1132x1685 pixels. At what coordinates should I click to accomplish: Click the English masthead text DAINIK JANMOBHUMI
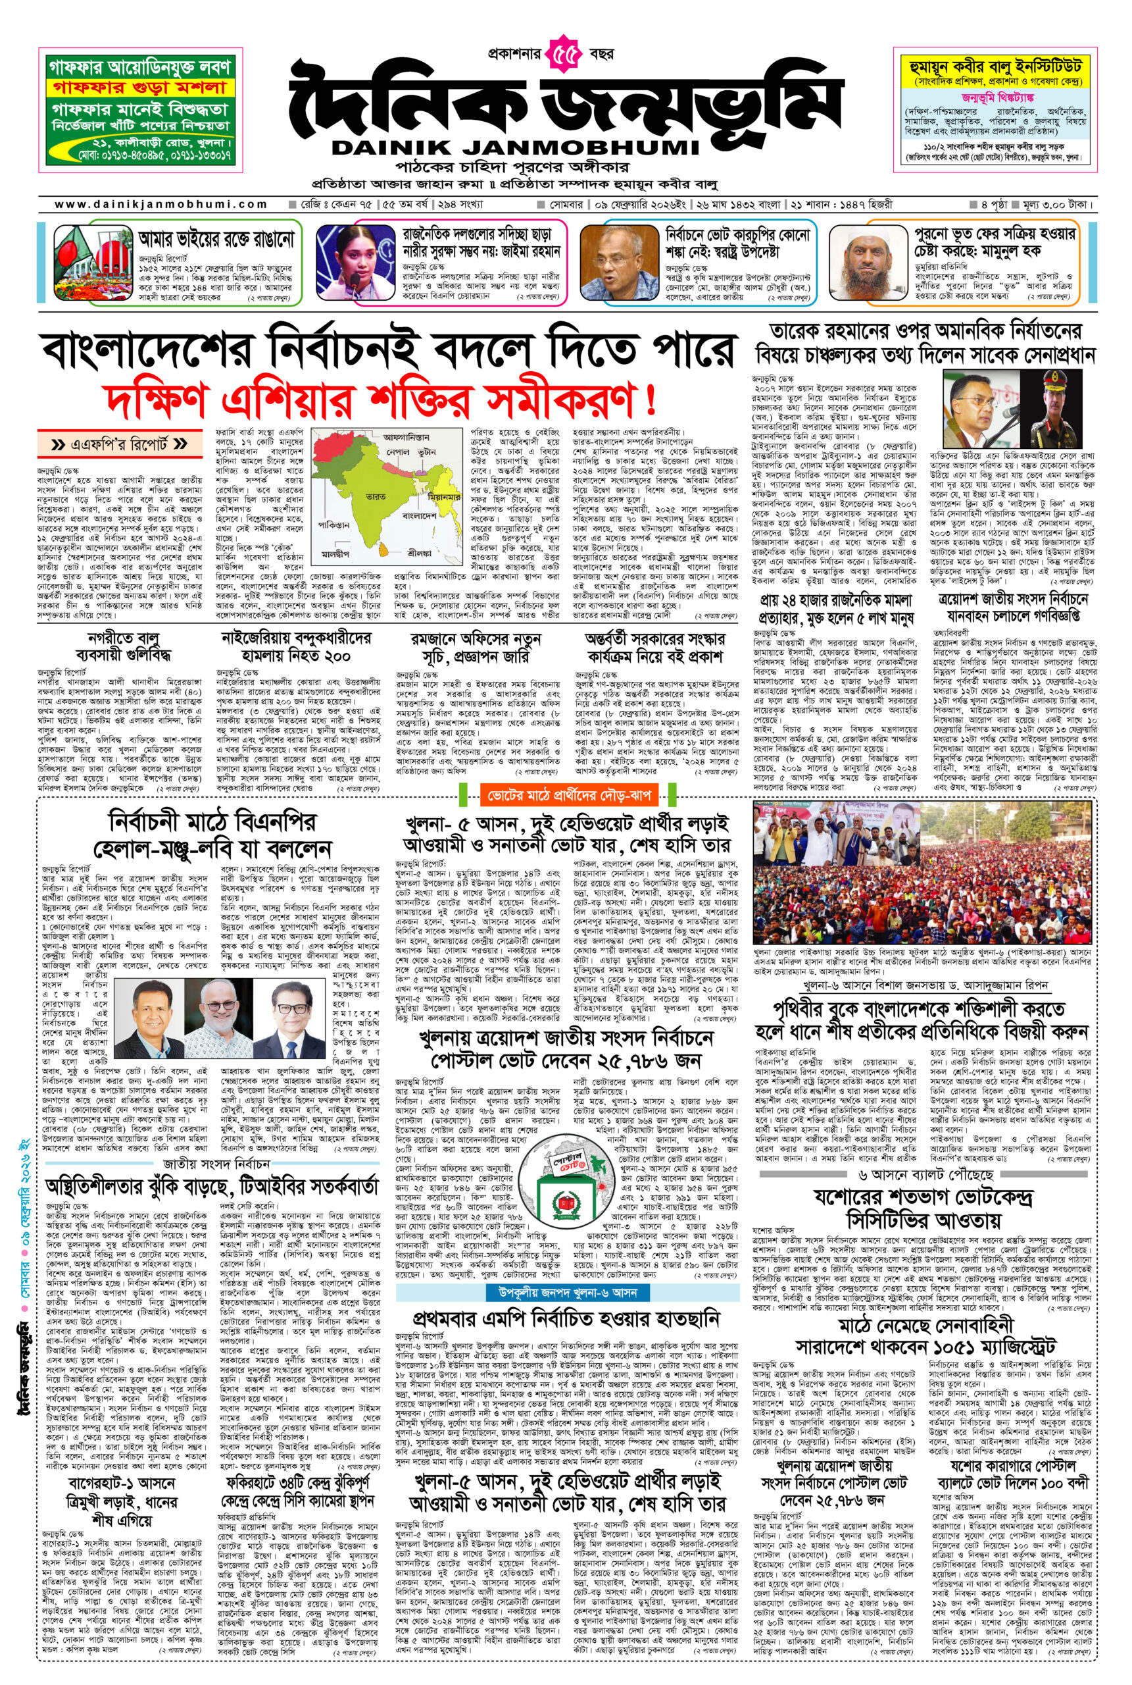pyautogui.click(x=516, y=147)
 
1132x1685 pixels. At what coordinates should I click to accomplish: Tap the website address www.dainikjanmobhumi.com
pyautogui.click(x=161, y=205)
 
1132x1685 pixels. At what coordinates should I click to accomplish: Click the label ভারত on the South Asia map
pyautogui.click(x=376, y=498)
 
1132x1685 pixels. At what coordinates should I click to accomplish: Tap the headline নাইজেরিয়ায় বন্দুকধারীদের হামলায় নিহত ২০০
pyautogui.click(x=297, y=647)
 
